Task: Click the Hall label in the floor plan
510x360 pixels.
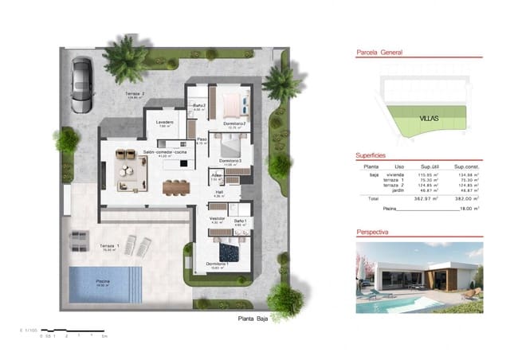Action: [218, 192]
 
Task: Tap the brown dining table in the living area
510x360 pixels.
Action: [174, 188]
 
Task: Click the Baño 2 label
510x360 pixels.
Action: [200, 106]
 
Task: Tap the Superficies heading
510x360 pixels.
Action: [371, 156]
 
